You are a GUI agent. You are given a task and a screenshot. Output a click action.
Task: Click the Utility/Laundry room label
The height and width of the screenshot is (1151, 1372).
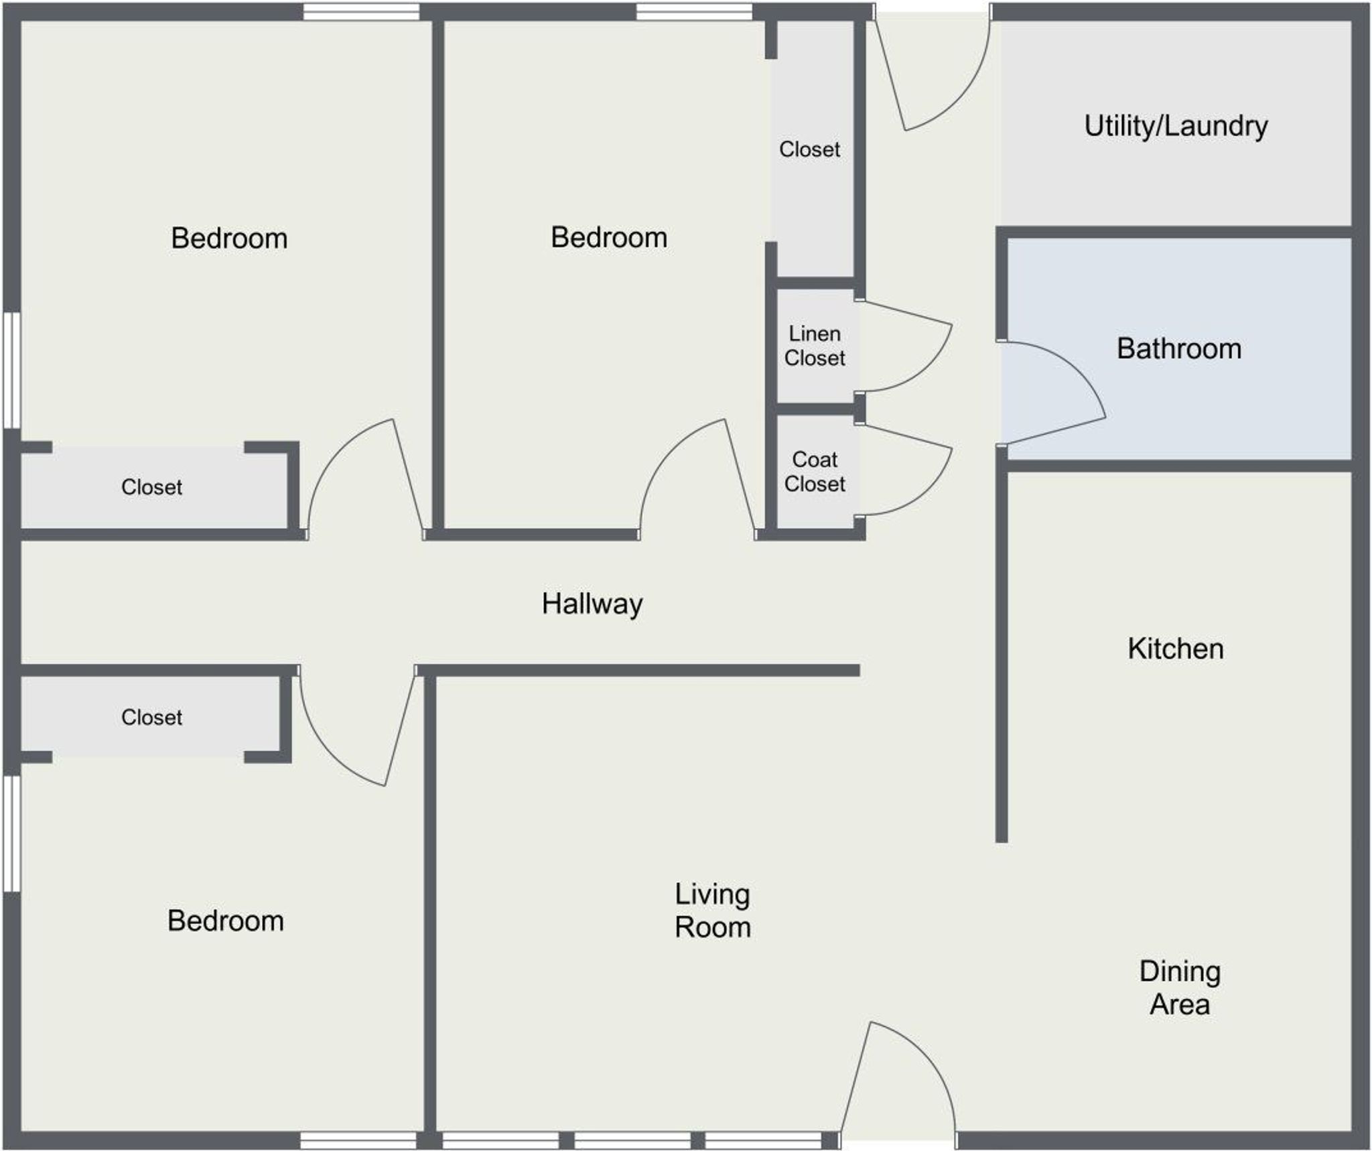pos(1176,126)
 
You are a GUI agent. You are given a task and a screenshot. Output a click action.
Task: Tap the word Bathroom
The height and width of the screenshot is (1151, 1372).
pos(1178,348)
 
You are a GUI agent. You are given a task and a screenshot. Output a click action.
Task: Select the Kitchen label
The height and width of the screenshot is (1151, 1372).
pos(1175,649)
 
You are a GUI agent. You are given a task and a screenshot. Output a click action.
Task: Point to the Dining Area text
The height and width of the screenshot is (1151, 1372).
pos(1179,988)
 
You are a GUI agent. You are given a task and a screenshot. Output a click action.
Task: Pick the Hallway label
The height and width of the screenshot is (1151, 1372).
pos(592,604)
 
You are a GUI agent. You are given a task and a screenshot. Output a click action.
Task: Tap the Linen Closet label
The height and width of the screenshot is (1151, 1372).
pos(814,346)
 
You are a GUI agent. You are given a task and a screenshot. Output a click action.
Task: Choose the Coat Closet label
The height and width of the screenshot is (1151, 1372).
pos(814,472)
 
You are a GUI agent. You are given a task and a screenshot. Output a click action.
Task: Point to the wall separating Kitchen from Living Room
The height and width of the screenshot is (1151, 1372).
pos(1002,657)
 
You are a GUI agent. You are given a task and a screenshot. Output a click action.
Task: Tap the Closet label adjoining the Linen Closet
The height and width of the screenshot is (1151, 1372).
pos(809,149)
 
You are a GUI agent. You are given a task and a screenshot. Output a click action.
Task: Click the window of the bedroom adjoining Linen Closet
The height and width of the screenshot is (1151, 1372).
pos(694,11)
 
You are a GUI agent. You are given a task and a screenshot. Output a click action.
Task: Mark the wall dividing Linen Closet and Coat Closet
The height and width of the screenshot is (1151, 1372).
pos(814,409)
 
